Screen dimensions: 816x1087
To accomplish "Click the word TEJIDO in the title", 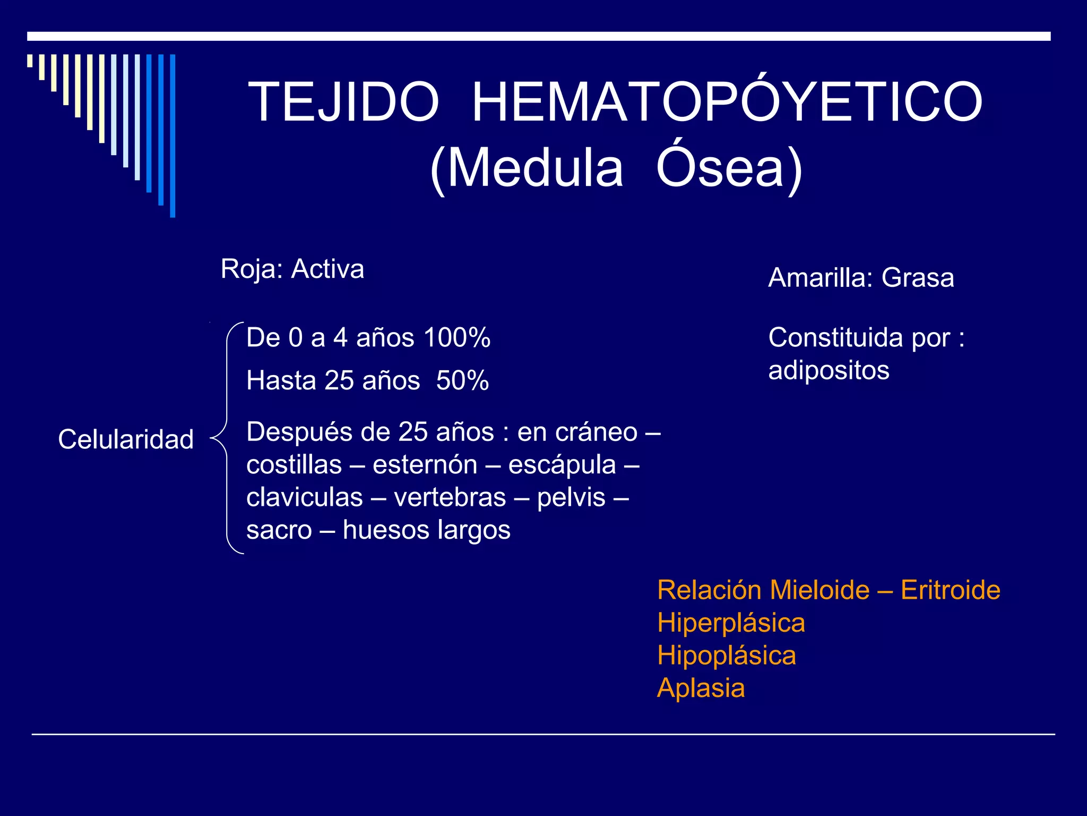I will pos(343,102).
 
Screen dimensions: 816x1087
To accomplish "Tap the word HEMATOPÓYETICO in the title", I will pos(727,102).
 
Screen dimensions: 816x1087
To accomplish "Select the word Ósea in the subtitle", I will pos(720,168).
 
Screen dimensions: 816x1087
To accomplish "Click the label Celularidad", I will pos(126,439).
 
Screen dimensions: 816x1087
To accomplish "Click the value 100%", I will pos(457,337).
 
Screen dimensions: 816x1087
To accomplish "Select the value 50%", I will pos(462,380).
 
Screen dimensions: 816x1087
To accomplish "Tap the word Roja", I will pos(251,269).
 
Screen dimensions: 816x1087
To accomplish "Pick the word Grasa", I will pos(918,278).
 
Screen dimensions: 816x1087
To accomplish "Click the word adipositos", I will pos(829,370).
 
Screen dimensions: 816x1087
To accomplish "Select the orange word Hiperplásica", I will pos(731,623).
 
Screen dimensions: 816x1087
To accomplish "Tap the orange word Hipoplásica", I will pos(727,656).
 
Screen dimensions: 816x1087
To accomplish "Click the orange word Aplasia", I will pos(701,688).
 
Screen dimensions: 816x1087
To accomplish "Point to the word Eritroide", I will pos(950,590).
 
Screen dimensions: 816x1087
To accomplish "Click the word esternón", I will pos(425,465).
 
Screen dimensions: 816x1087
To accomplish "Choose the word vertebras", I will pos(450,498).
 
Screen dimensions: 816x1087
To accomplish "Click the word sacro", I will pos(279,530).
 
